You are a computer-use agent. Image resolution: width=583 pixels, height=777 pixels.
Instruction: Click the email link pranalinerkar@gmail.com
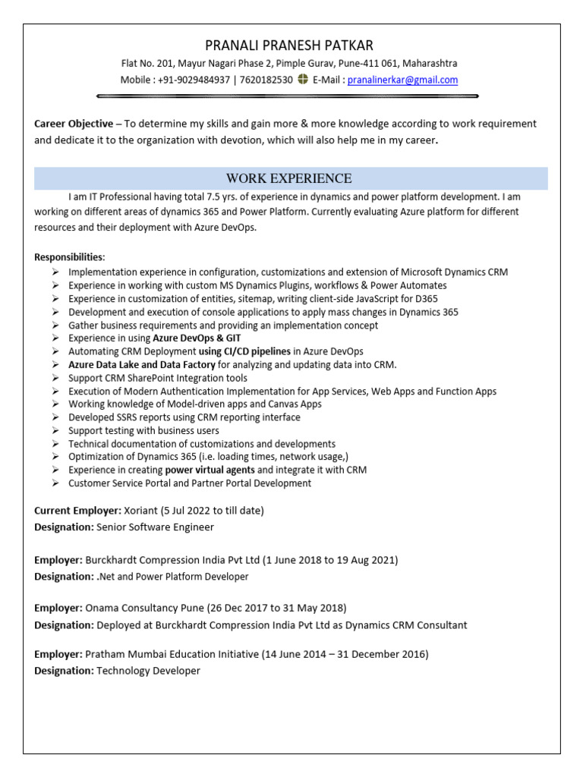(x=402, y=80)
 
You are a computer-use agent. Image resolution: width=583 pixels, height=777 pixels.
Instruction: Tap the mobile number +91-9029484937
(x=194, y=80)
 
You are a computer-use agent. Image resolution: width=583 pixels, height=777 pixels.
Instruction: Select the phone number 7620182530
(x=266, y=80)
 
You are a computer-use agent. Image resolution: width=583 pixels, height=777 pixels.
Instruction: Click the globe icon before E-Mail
(x=303, y=80)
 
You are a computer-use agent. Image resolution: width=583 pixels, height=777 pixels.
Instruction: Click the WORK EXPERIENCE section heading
(x=288, y=178)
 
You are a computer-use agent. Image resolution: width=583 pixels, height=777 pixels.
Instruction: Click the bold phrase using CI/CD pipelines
(x=244, y=351)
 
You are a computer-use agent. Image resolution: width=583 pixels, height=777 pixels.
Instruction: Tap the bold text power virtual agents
(x=210, y=470)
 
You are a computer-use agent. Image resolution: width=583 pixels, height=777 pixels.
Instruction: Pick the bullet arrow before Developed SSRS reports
(x=56, y=417)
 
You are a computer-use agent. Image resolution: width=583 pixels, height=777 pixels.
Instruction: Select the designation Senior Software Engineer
(x=155, y=527)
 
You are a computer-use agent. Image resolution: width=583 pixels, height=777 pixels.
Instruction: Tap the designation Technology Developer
(x=148, y=671)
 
